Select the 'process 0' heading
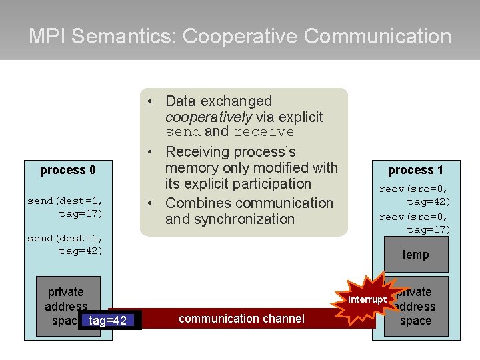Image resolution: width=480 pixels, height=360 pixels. point(67,170)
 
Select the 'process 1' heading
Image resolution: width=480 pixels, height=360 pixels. point(415,170)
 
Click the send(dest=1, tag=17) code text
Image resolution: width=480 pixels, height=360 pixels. point(65,207)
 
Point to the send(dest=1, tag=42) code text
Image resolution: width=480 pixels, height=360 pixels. point(65,244)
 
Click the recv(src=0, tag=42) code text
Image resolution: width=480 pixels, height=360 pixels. point(415,195)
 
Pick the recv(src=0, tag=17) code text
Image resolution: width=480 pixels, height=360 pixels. point(415,223)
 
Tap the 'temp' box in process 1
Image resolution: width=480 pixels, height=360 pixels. point(415,254)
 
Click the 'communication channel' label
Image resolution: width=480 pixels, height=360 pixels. point(241,319)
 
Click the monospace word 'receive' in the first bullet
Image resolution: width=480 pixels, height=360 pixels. point(264,132)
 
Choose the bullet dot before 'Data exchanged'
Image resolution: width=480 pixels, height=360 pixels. point(152,101)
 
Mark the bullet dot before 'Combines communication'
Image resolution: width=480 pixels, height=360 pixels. point(152,203)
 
